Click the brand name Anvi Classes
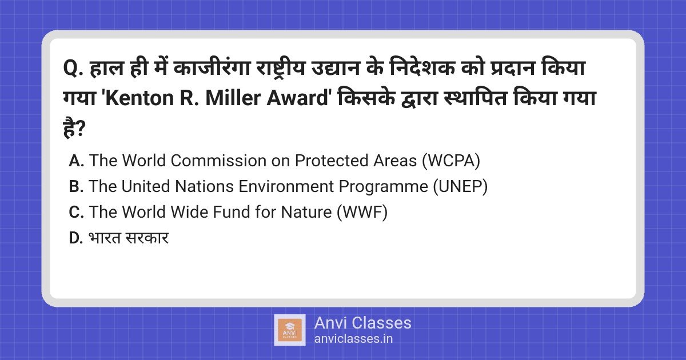pos(362,323)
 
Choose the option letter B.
pos(76,187)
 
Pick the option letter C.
pos(76,213)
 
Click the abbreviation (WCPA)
pos(450,161)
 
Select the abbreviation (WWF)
pos(362,213)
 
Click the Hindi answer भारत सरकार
pos(129,238)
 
